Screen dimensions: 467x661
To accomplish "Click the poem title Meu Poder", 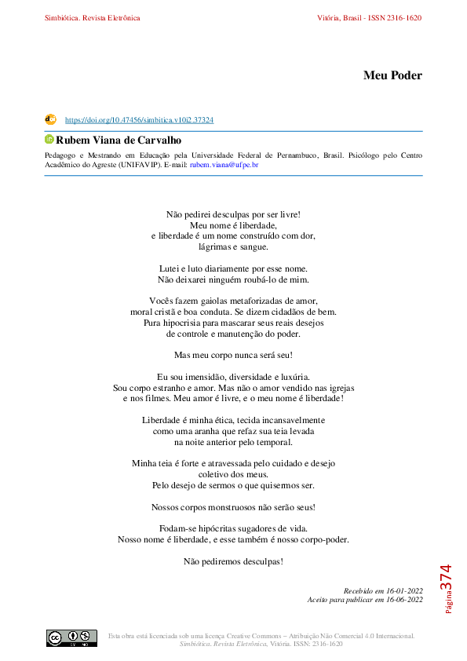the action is (392, 75).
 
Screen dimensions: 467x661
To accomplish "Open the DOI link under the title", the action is (139, 120).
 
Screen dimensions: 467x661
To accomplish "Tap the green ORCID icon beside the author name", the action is (49, 139).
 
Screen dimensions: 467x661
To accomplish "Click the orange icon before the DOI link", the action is (50, 119).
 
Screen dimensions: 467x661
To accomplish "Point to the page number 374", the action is (445, 577).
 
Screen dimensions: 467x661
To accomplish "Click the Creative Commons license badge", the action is (71, 637).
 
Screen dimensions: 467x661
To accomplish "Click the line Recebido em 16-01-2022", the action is (383, 590).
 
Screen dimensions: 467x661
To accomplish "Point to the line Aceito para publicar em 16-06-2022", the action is (365, 600).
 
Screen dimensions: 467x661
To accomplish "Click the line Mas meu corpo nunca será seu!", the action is (233, 355).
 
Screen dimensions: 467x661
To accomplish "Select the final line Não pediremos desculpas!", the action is (233, 561).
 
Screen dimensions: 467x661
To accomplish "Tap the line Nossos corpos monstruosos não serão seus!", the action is (233, 507).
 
